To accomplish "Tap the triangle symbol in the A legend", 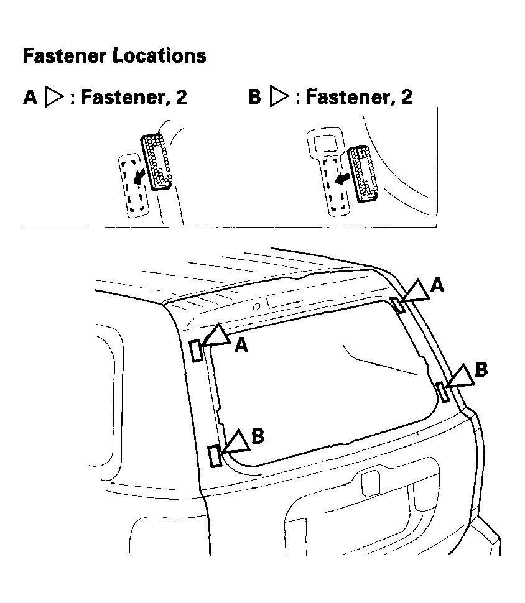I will point(56,98).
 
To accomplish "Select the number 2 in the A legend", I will point(181,98).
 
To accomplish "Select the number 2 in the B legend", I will point(406,98).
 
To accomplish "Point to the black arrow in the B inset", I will point(341,178).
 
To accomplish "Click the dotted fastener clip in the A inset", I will point(156,162).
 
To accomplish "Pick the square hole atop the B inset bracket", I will point(325,144).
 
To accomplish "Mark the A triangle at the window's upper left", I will point(216,336).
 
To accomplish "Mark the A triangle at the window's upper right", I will point(417,290).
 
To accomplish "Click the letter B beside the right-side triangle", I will point(481,370).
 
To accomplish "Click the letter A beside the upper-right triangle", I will point(437,285).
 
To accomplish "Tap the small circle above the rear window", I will point(256,306).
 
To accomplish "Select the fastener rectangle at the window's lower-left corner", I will point(215,456).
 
